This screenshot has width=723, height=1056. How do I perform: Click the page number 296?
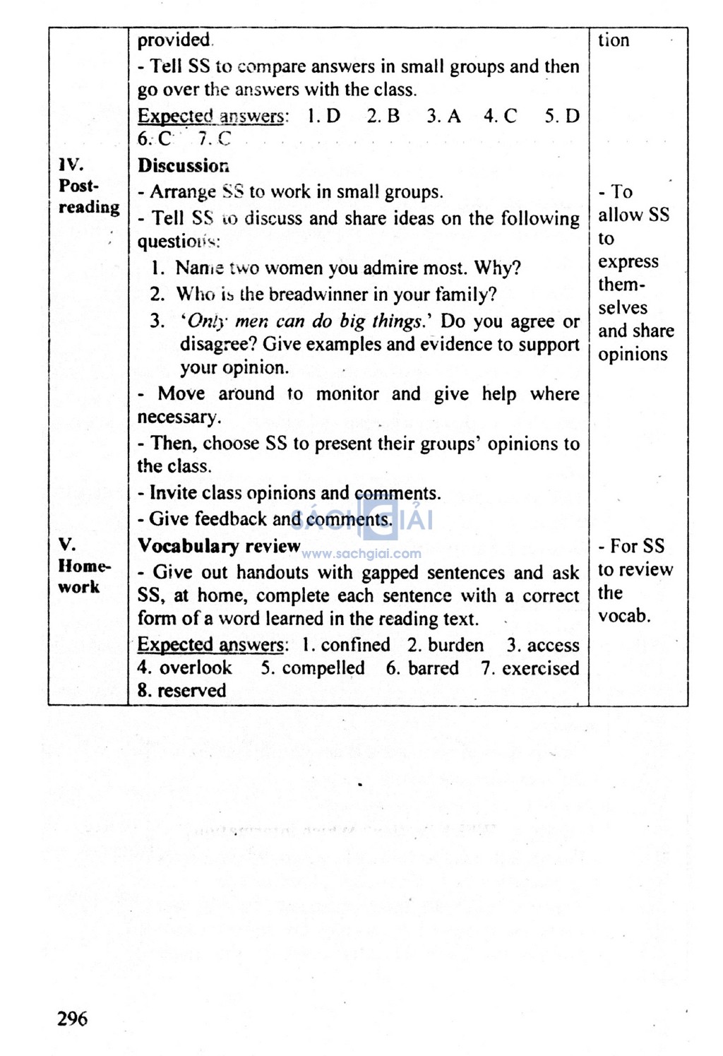tap(73, 1019)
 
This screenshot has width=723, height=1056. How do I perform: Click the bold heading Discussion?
tap(184, 166)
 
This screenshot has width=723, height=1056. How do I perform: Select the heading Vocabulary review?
tap(219, 546)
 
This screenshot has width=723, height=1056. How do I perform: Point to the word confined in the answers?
tap(355, 645)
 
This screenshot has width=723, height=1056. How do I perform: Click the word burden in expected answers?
tap(455, 645)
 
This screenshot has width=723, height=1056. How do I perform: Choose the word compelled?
tap(323, 668)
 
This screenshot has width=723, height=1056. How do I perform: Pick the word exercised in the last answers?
tap(540, 668)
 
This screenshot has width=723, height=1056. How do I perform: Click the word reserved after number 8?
tap(191, 691)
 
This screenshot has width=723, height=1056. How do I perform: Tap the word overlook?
tap(196, 668)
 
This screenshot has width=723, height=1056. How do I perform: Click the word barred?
tap(434, 668)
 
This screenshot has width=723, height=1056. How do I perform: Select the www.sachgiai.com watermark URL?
tap(361, 554)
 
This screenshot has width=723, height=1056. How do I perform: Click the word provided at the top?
tap(174, 40)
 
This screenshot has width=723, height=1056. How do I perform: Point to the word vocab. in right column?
tap(624, 616)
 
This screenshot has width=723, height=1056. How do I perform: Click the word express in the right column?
tap(628, 262)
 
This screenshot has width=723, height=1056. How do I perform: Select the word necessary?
tap(178, 417)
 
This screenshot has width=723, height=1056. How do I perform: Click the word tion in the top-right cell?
tap(614, 40)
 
